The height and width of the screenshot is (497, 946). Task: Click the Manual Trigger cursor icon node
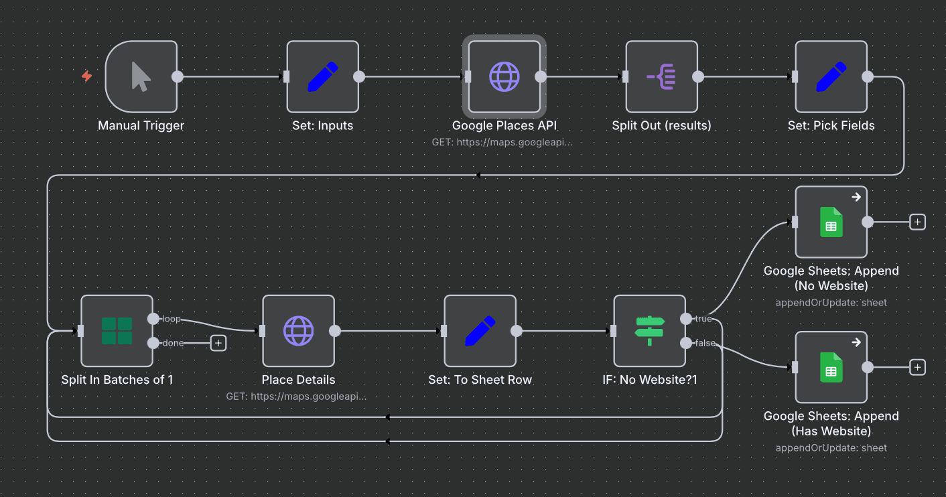tap(141, 76)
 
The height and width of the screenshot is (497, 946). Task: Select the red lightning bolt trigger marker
tap(86, 76)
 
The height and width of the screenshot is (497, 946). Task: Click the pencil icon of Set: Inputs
tap(322, 76)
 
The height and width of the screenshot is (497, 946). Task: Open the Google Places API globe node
tap(504, 76)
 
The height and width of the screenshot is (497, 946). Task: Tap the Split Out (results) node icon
tap(661, 76)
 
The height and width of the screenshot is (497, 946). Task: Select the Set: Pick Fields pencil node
tap(831, 76)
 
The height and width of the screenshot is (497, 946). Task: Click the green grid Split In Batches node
tap(117, 331)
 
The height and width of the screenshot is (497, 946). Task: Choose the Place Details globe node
tap(298, 331)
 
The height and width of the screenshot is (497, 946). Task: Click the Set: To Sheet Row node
tap(480, 331)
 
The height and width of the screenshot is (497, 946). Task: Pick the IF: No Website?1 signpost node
tap(649, 331)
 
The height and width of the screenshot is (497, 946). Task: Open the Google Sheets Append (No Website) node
tap(831, 222)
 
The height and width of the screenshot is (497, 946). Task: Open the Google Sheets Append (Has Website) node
tap(831, 367)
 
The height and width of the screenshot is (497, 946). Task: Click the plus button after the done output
tap(218, 343)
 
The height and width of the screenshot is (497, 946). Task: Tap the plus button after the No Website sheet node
tap(917, 222)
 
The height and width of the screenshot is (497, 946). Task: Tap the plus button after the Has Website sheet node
tap(917, 367)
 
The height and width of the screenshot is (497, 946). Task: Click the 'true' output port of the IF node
tap(686, 319)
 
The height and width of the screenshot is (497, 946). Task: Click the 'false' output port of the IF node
tap(686, 343)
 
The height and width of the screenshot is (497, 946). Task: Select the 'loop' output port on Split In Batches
tap(153, 319)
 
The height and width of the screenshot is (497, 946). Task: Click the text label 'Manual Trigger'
tap(141, 125)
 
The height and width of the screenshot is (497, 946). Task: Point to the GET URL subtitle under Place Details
tap(296, 396)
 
